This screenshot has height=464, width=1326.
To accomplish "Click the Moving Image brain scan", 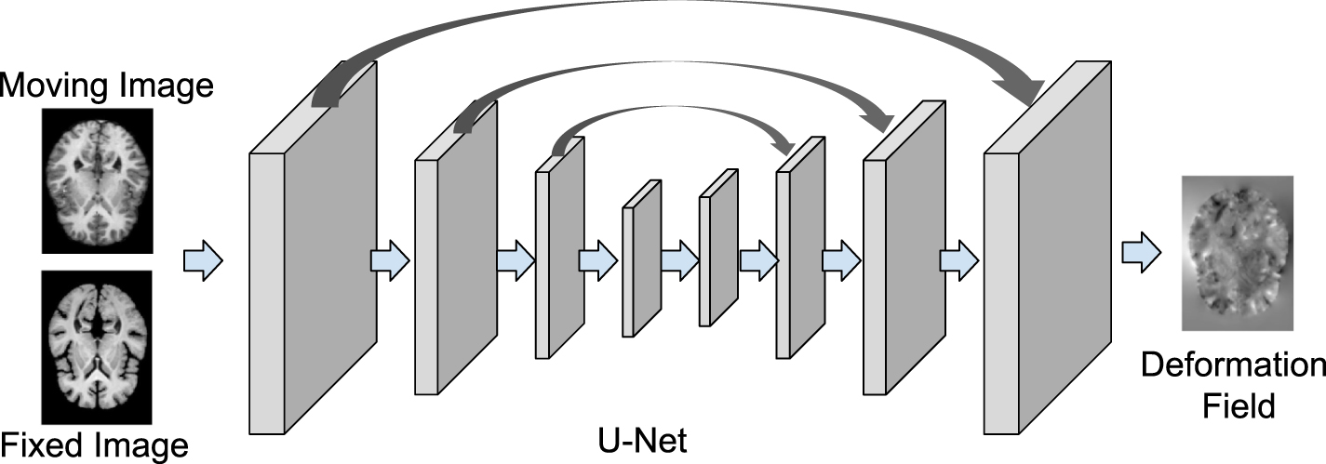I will click(x=97, y=180).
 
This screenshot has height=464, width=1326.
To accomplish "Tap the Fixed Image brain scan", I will click(x=97, y=347).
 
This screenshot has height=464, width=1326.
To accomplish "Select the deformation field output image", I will click(x=1238, y=253).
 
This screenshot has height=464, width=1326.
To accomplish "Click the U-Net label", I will click(x=642, y=439).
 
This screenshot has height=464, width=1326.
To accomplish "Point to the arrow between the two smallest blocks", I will click(x=680, y=254).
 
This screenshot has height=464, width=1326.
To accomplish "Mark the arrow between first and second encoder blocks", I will click(x=390, y=259).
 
